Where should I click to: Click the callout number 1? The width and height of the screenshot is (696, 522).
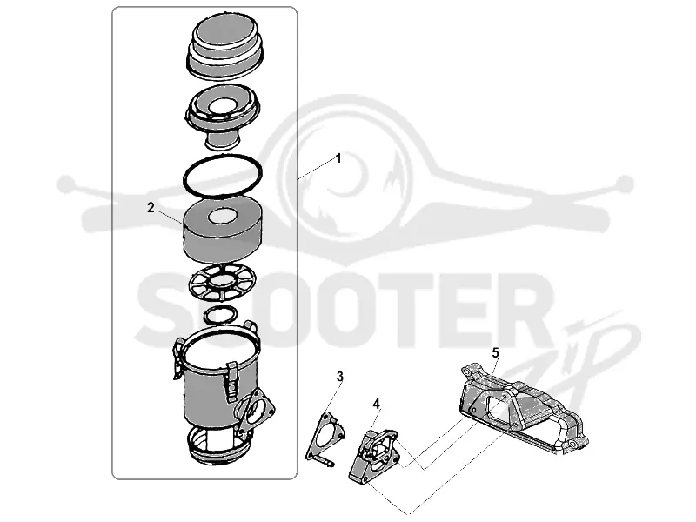click(338, 158)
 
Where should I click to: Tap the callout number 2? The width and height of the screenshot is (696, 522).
click(151, 207)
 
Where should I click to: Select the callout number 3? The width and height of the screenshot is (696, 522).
click(339, 377)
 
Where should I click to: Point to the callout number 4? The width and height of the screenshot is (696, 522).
click(377, 404)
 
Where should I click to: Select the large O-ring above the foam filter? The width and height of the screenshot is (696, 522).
click(223, 176)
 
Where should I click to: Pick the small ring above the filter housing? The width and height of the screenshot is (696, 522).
click(221, 315)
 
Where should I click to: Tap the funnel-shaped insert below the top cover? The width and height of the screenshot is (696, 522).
click(223, 117)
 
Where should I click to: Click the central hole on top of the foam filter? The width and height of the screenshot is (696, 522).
click(224, 217)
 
